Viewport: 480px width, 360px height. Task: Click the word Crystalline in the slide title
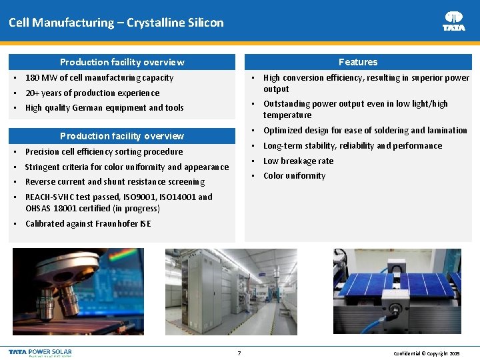coord(147,23)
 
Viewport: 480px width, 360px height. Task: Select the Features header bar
coord(358,62)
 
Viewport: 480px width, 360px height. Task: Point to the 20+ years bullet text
coord(92,93)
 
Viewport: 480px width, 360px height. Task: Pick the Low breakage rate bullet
coord(298,161)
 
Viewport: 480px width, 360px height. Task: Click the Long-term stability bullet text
coord(352,146)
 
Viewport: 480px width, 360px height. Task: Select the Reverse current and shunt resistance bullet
coord(115,182)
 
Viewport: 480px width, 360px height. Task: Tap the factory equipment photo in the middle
coord(240,293)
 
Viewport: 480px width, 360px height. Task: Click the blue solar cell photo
coord(401,293)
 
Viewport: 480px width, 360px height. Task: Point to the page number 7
coord(239,353)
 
